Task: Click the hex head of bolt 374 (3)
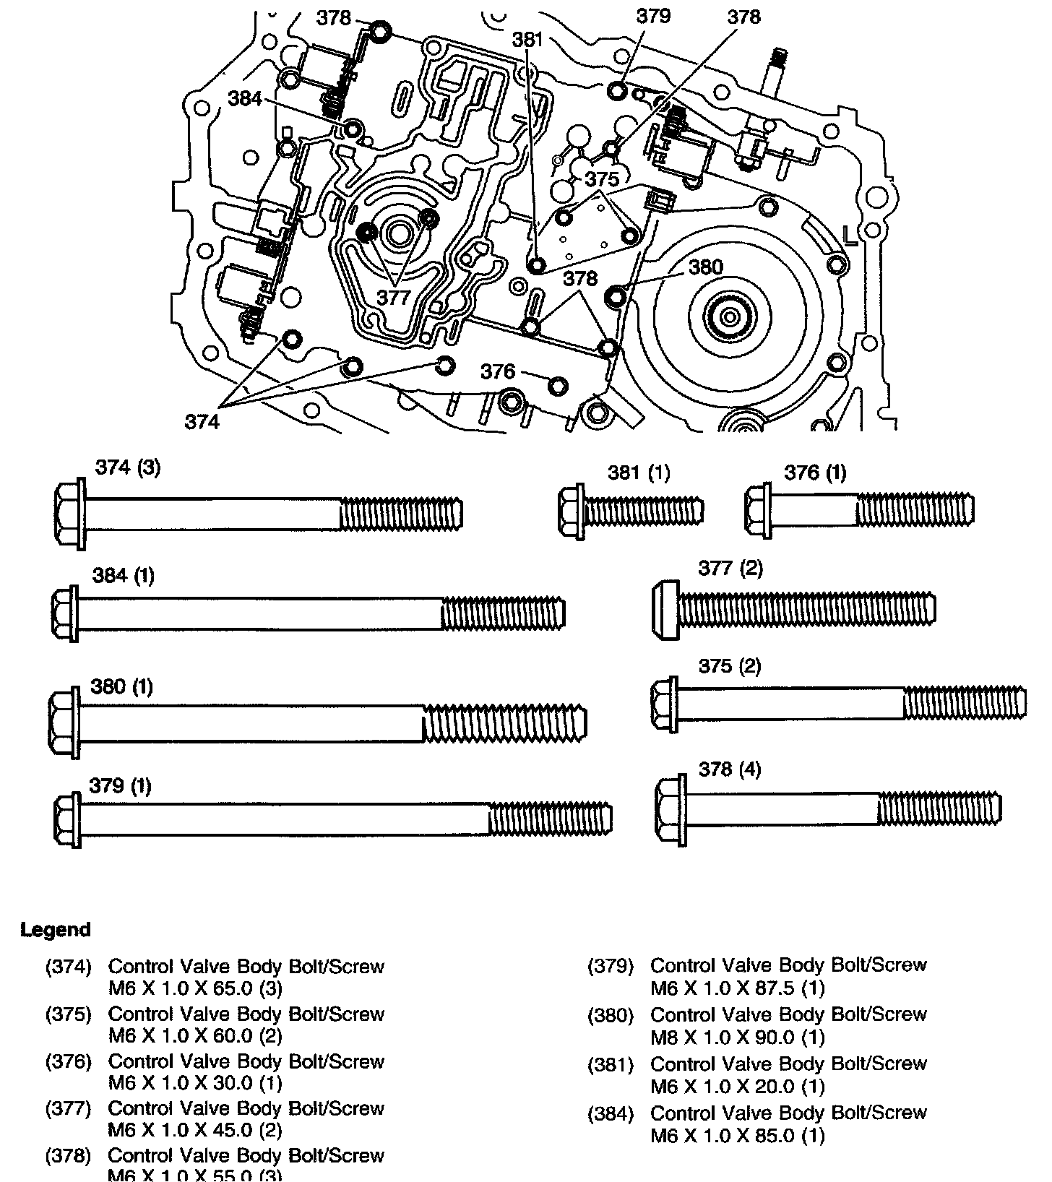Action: point(70,514)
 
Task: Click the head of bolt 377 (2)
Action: point(665,609)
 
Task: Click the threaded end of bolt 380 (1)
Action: point(504,722)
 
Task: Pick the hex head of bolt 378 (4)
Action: point(670,808)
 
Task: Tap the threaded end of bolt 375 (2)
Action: point(965,703)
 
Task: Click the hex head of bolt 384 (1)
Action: point(66,613)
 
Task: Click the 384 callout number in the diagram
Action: point(245,98)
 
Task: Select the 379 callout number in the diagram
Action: point(653,16)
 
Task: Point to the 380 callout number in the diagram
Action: point(705,267)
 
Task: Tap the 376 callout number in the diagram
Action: point(498,371)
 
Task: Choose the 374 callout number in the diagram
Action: point(202,421)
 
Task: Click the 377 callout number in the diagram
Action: point(393,297)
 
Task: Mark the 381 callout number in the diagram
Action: point(527,40)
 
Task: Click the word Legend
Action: point(56,929)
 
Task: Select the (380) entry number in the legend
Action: point(611,1015)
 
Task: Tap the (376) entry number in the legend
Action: point(69,1061)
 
